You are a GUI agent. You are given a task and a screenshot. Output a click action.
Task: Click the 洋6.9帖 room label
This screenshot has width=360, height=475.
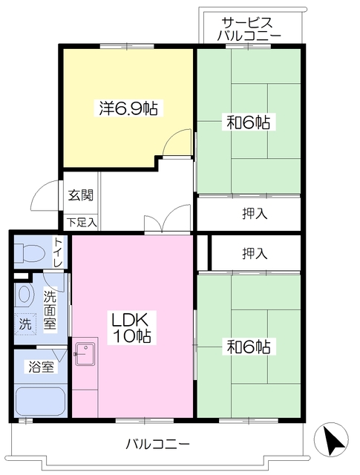click(x=128, y=108)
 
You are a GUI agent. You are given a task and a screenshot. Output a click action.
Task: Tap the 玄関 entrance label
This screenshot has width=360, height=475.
click(x=80, y=196)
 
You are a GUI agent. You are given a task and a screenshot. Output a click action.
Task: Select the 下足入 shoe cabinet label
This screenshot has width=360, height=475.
click(x=81, y=221)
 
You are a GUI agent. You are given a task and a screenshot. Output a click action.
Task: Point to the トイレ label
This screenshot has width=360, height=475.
click(x=58, y=253)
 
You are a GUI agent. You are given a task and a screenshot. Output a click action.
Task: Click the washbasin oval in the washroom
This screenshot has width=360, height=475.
click(x=24, y=295)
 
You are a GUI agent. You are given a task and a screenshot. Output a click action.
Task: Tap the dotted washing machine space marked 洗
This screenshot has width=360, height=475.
click(x=26, y=324)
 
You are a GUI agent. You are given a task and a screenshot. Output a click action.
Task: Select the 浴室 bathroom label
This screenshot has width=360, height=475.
click(x=42, y=367)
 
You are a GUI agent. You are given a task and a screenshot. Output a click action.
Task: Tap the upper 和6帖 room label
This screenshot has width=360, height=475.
click(x=247, y=122)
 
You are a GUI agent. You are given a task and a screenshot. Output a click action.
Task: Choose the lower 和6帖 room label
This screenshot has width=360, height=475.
click(x=247, y=346)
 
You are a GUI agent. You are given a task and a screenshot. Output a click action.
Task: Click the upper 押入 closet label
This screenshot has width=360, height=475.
click(x=255, y=214)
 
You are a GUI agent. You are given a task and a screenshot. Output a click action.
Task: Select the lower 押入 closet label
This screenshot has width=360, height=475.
click(x=255, y=253)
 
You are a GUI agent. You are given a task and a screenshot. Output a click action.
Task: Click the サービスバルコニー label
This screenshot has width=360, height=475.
click(x=249, y=29)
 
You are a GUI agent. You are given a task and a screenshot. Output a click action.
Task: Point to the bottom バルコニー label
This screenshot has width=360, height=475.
click(x=157, y=444)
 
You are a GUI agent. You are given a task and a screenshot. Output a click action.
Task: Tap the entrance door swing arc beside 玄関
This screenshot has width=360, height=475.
click(x=45, y=197)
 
